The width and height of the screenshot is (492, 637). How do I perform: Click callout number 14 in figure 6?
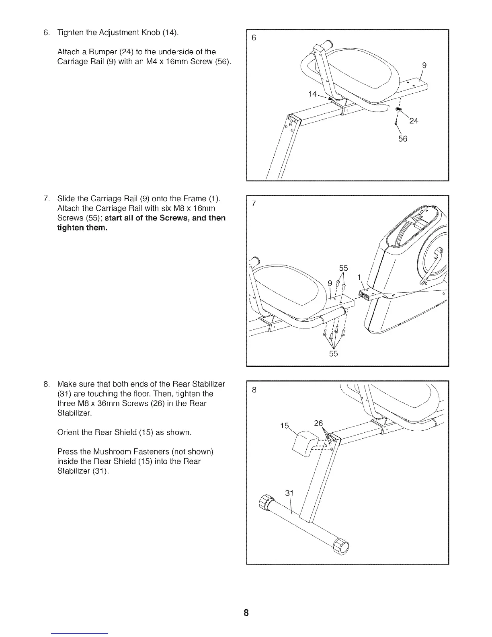point(312,94)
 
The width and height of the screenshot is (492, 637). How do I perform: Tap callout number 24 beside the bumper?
point(414,121)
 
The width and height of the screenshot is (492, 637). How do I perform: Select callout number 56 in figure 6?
point(402,139)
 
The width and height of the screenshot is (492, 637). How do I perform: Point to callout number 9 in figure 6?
point(424,66)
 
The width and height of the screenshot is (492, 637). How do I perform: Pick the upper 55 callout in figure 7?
point(344,268)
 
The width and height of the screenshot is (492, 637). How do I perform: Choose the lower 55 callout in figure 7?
point(334,354)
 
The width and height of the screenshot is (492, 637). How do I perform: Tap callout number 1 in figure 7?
point(359,277)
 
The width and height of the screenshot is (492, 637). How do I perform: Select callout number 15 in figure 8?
point(285,425)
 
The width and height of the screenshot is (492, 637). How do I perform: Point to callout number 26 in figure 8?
point(318,423)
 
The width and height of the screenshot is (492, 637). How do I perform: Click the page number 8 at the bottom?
point(246,613)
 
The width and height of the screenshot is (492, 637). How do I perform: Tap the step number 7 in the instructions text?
point(46,199)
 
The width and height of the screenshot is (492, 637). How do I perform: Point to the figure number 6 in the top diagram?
point(254,38)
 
